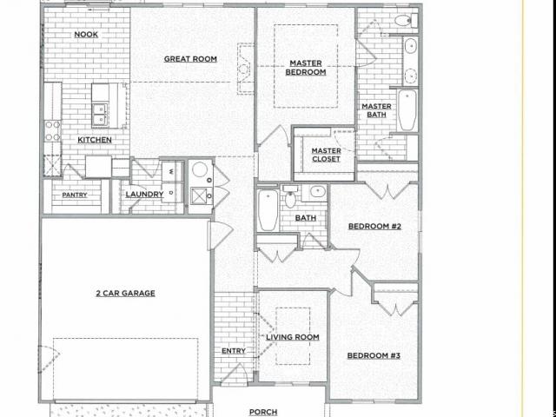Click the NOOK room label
86,35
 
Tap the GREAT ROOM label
190,59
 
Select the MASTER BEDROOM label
306,68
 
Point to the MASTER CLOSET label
326,155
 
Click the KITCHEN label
95,140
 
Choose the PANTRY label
75,195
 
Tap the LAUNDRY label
144,195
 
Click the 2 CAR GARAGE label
125,294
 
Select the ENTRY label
234,351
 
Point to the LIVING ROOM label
293,337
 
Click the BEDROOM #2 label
374,226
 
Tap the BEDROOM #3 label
374,355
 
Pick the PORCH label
263,412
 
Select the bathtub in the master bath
407,110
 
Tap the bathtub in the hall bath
268,211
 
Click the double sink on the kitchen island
101,114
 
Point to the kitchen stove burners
52,130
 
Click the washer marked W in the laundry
172,172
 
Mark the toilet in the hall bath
291,196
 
